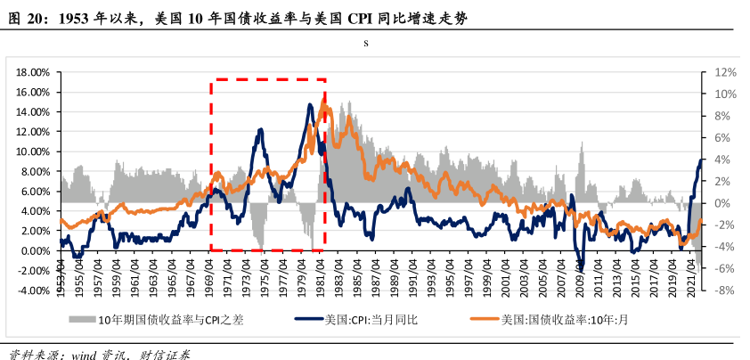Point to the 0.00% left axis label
[x=32, y=250]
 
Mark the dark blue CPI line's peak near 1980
[x=310, y=105]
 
